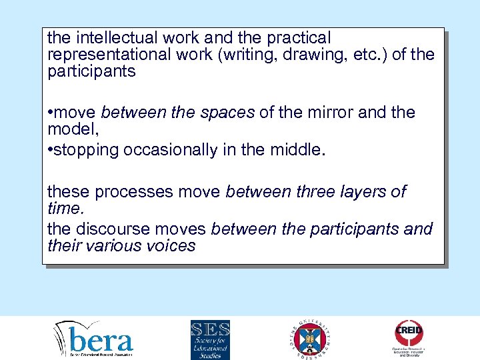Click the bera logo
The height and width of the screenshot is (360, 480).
(x=93, y=339)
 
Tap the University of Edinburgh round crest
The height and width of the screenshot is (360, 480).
(x=310, y=339)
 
